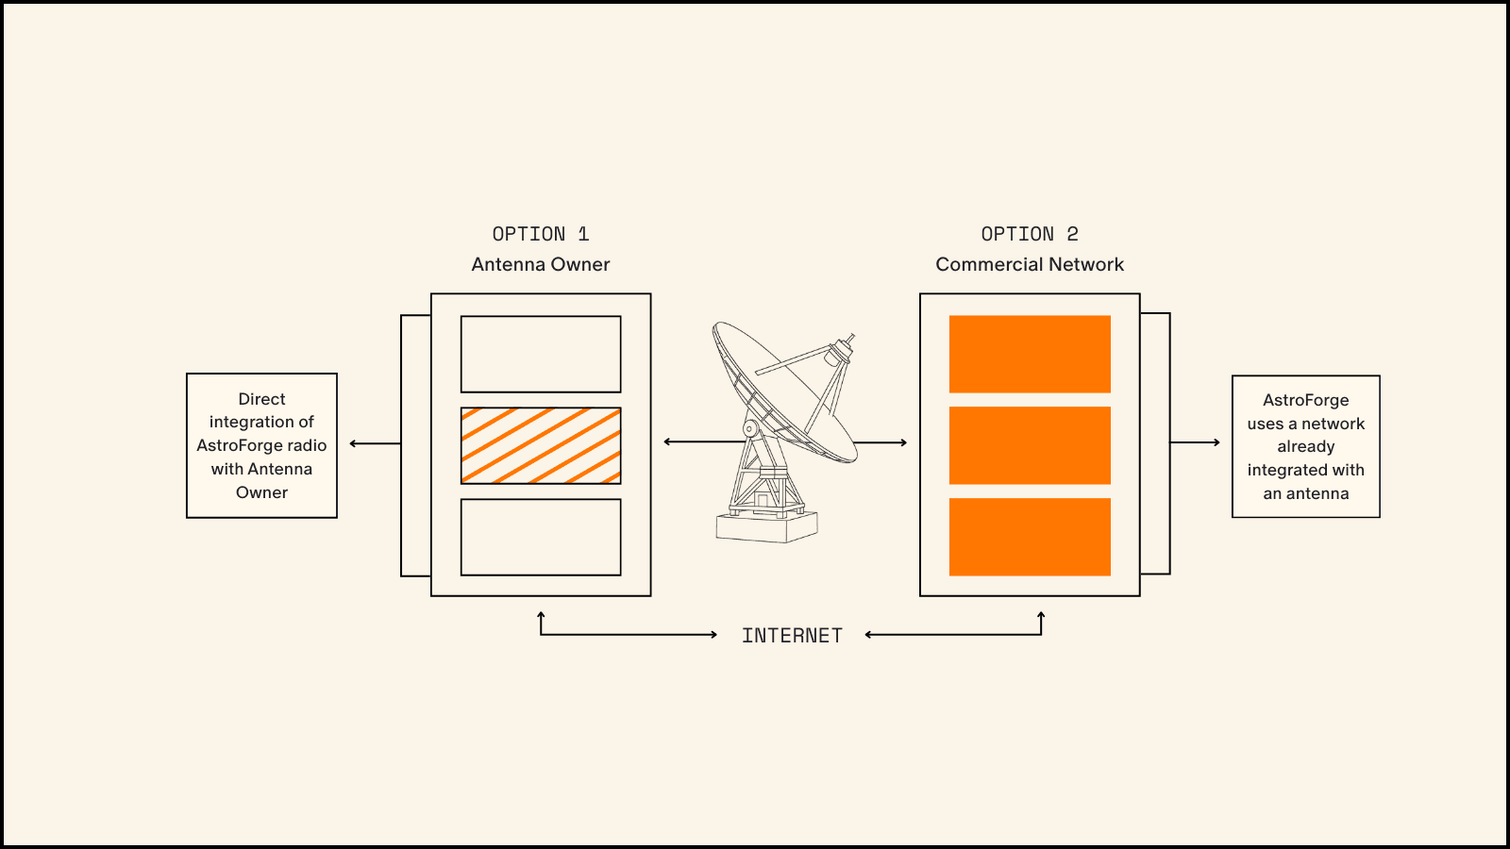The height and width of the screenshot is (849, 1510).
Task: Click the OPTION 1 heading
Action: pyautogui.click(x=540, y=234)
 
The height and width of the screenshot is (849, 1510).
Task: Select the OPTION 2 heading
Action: pyautogui.click(x=1029, y=234)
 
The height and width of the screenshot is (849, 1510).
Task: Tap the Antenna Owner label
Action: pyautogui.click(x=541, y=264)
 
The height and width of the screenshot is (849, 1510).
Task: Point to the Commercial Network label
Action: pyautogui.click(x=1030, y=264)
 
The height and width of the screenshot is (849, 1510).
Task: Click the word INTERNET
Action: pyautogui.click(x=792, y=636)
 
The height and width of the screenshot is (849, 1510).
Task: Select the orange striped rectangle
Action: pyautogui.click(x=541, y=445)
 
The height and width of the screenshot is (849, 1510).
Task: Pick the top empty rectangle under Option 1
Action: pyautogui.click(x=541, y=354)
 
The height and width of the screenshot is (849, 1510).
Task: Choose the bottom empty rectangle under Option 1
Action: pyautogui.click(x=541, y=537)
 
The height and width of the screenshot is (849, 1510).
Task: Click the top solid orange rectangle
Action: pyautogui.click(x=1030, y=354)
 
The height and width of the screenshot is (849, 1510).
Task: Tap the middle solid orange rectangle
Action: pyautogui.click(x=1030, y=445)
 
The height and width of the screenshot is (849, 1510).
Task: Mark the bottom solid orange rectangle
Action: pyautogui.click(x=1030, y=537)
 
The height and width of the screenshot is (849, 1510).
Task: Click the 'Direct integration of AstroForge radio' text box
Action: pyautogui.click(x=261, y=445)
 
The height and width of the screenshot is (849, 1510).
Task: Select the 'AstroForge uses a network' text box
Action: pyautogui.click(x=1306, y=446)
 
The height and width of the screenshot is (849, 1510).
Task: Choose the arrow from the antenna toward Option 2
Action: pyautogui.click(x=882, y=442)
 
